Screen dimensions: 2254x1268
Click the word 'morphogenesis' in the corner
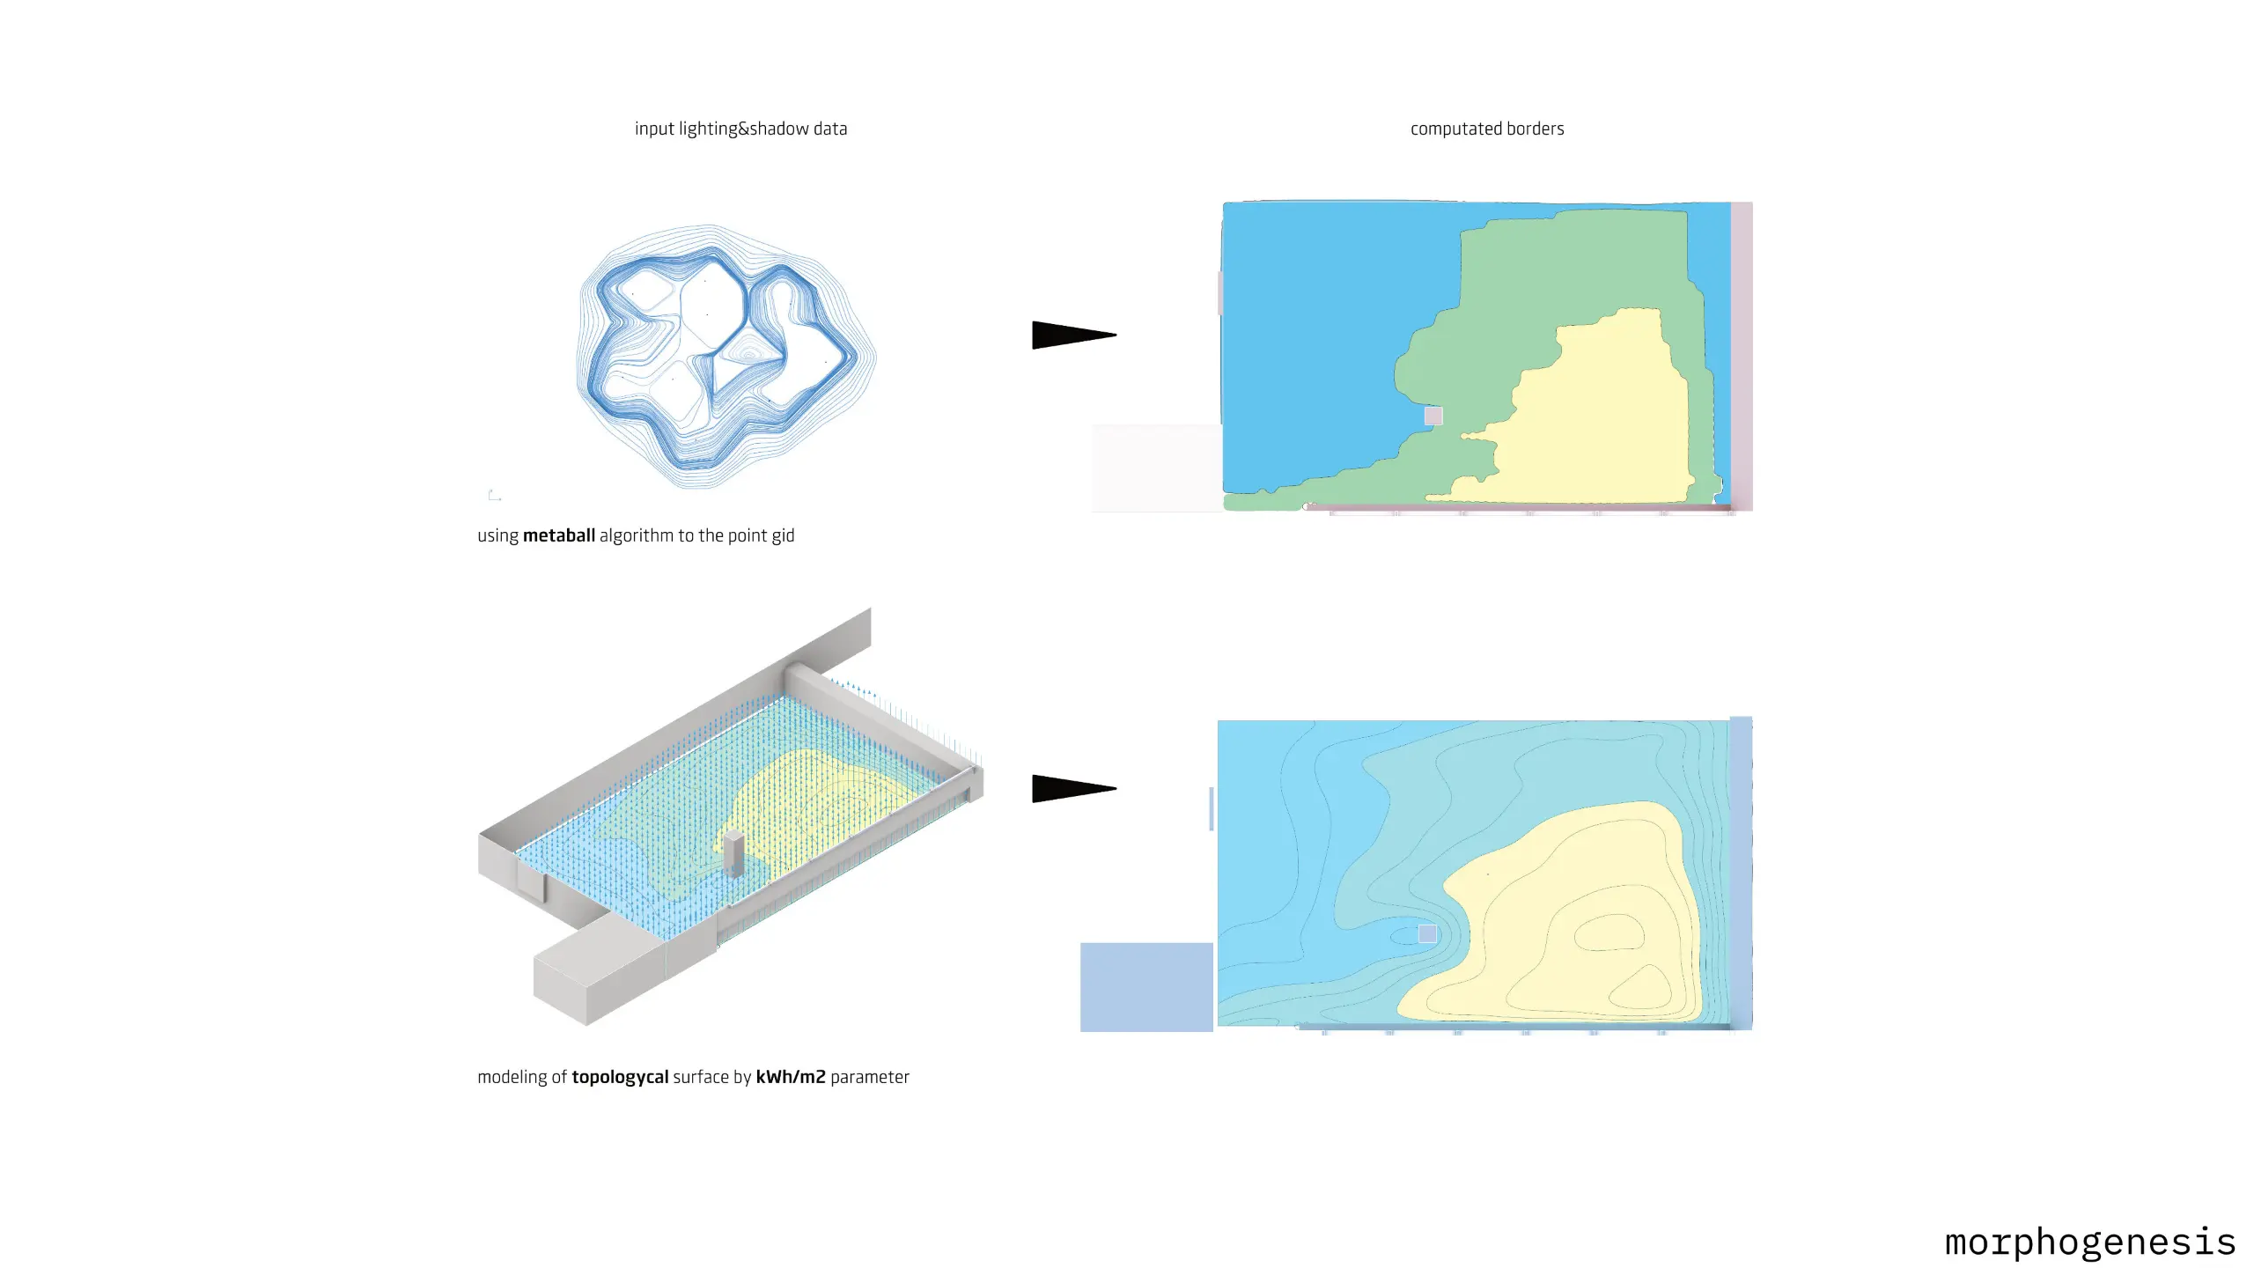tap(2090, 1242)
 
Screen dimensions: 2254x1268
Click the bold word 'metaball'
tap(559, 535)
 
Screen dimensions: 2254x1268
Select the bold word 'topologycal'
tap(620, 1077)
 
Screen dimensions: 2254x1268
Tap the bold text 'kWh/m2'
tap(791, 1076)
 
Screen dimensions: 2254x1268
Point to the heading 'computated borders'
tap(1487, 129)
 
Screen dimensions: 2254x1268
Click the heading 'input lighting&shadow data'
tap(740, 129)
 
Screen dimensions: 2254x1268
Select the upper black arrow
tap(1074, 335)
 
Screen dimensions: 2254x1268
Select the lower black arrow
tap(1074, 788)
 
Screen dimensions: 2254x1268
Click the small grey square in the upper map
tap(1433, 416)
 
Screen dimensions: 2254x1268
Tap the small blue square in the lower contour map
tap(1427, 933)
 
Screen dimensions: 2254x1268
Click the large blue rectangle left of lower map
tap(1146, 987)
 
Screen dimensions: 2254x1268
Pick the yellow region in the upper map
tap(1602, 423)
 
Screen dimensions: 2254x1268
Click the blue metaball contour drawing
tap(726, 357)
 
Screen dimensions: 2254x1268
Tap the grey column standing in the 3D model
tap(733, 852)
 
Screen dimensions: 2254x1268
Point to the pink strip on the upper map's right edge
tap(1742, 356)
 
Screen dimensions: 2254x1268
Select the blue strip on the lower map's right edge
tap(1741, 872)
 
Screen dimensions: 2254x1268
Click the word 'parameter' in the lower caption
tap(870, 1077)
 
